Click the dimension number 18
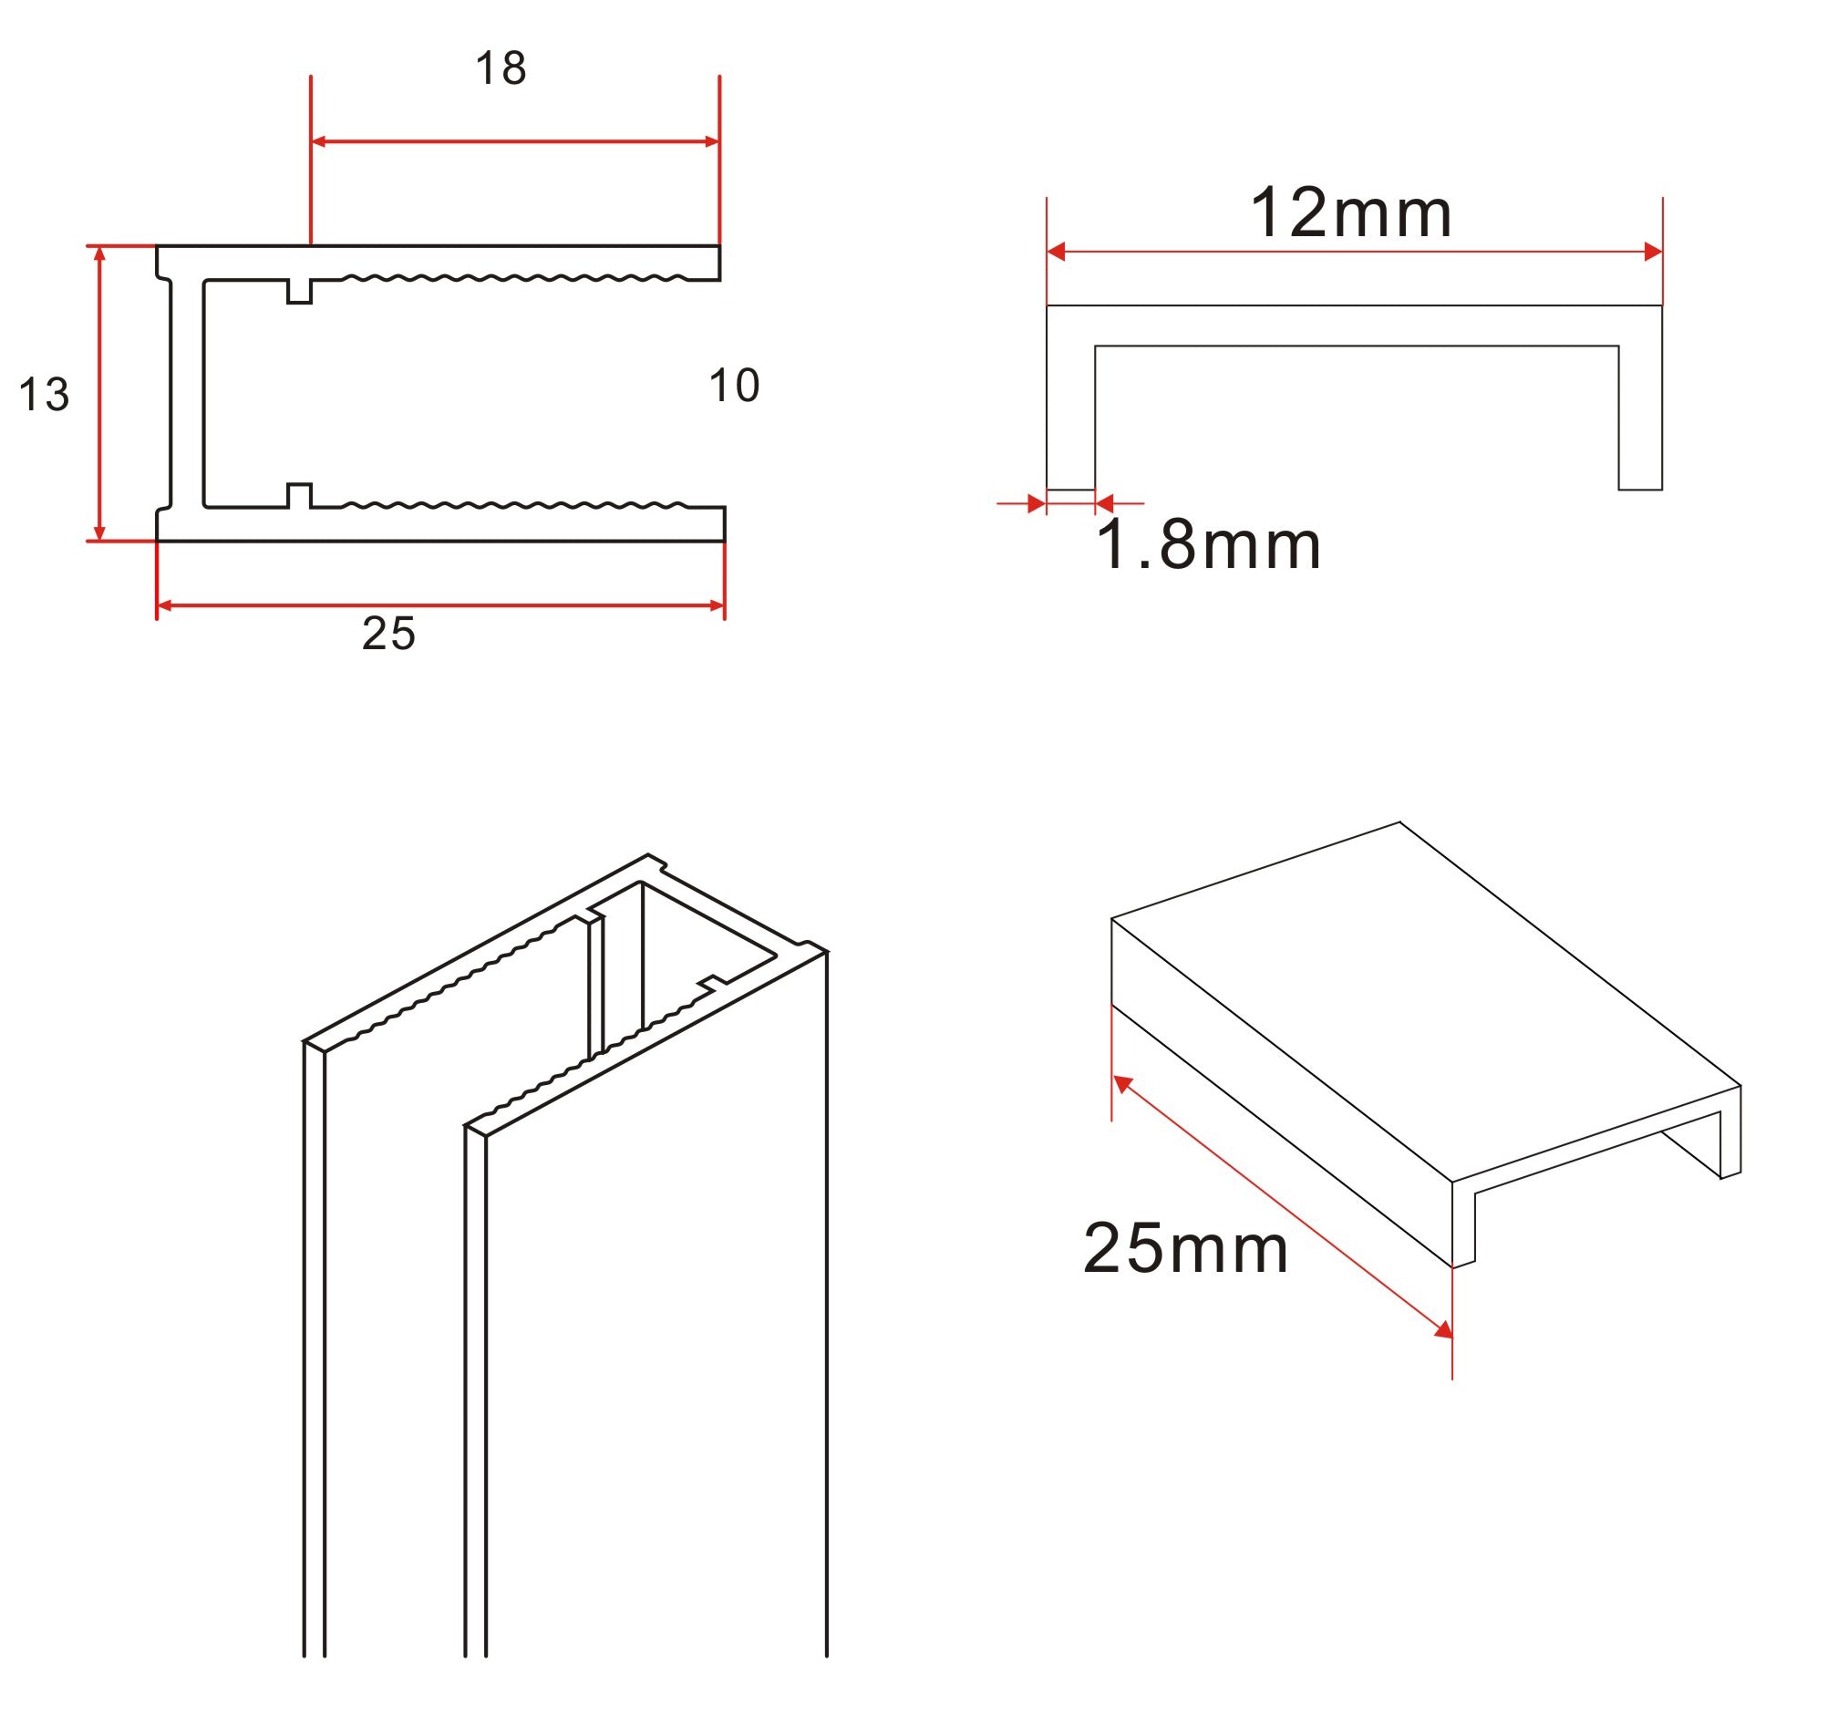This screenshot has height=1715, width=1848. pos(501,68)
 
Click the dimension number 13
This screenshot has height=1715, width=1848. pos(44,396)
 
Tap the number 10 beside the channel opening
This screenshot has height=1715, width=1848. pos(733,385)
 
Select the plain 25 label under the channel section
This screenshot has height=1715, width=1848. pos(388,634)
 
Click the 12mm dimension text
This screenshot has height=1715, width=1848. pos(1350,213)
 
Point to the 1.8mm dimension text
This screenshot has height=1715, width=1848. pos(1208,545)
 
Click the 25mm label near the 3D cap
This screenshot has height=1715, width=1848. pos(1185,1248)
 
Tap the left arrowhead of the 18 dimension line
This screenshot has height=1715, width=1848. pos(318,142)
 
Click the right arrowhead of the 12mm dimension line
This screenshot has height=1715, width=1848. pos(1652,252)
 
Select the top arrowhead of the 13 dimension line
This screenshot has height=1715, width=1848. pos(100,253)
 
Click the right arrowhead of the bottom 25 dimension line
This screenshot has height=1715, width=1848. pos(717,606)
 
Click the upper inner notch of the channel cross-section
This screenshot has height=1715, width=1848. pos(299,292)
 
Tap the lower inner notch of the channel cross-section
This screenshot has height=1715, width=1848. pos(299,496)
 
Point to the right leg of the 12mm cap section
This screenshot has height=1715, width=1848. pos(1640,418)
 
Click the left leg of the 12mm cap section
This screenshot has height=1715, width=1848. pos(1070,418)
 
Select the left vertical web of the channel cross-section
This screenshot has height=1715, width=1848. pos(187,394)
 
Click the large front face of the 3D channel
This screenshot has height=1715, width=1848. pos(655,1346)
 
